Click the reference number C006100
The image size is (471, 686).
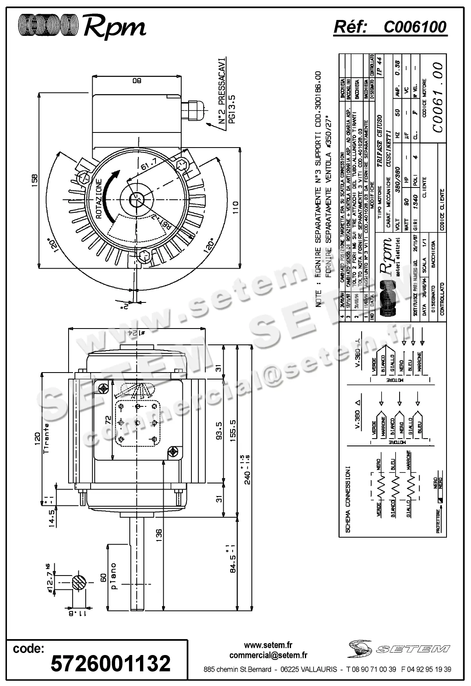tap(415, 27)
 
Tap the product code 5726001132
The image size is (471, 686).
tap(110, 663)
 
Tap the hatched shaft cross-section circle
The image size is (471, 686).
tap(80, 583)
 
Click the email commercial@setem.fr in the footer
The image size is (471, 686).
tap(268, 655)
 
